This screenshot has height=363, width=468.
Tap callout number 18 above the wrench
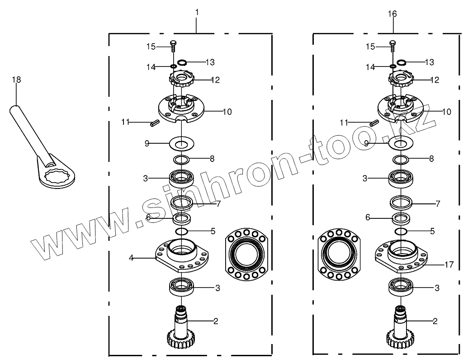click(16, 80)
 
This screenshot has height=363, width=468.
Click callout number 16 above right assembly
click(392, 14)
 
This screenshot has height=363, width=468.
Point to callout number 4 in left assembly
click(131, 258)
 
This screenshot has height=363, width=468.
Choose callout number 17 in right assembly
click(449, 264)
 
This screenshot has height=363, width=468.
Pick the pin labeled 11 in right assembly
click(374, 122)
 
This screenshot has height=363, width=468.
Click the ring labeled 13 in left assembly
click(182, 62)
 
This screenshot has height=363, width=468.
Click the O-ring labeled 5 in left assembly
click(181, 231)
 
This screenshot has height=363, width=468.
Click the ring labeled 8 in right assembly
click(400, 159)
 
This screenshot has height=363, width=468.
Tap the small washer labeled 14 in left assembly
click(173, 67)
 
